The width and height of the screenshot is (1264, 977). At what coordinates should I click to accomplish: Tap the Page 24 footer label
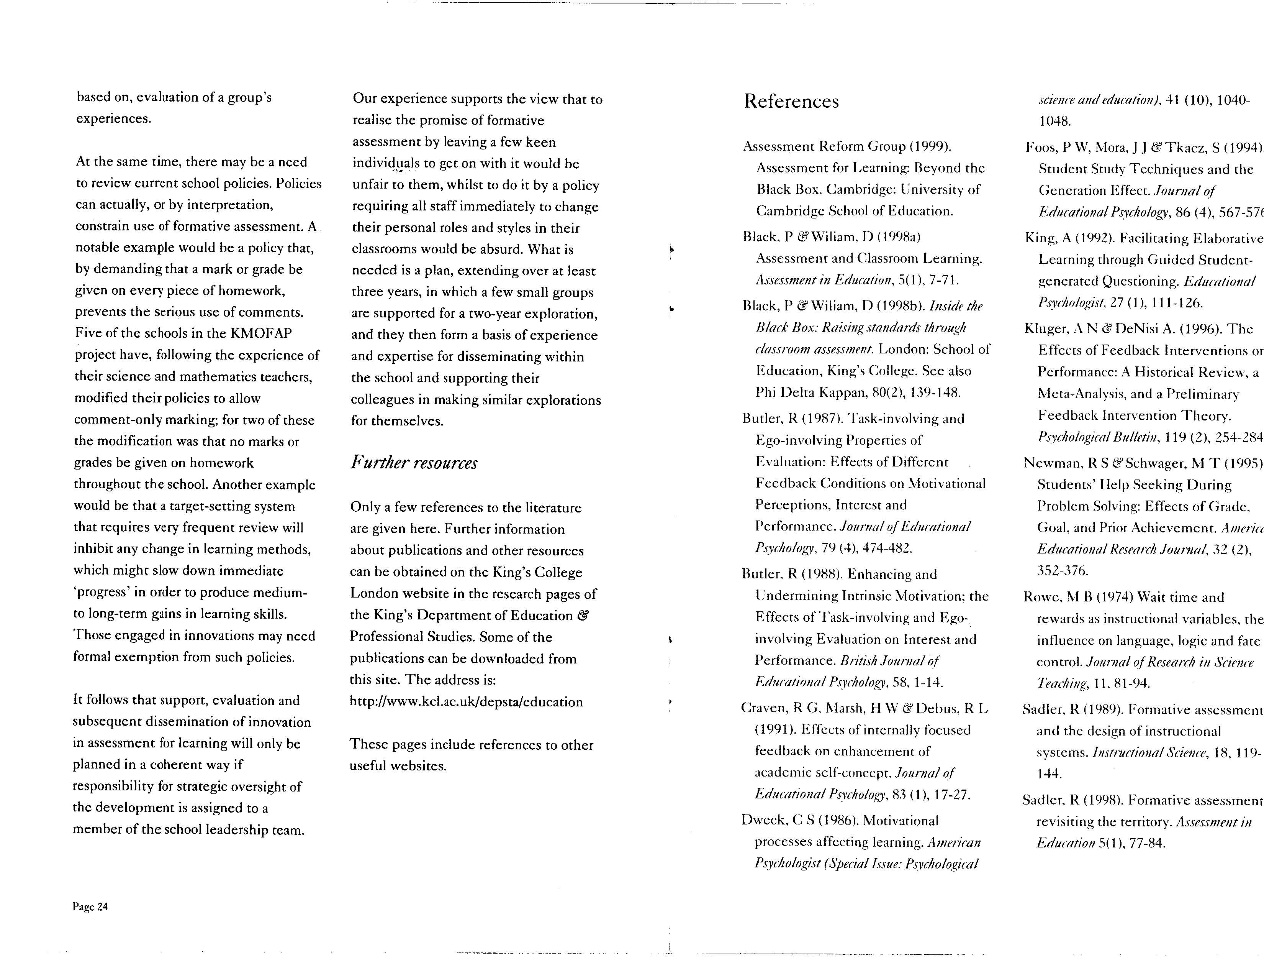click(90, 906)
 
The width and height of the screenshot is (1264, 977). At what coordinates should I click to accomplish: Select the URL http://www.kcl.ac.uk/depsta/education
click(466, 702)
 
